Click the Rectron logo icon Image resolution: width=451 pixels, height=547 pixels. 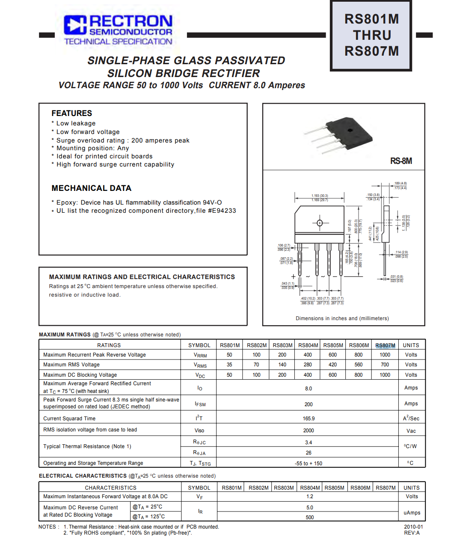pyautogui.click(x=75, y=25)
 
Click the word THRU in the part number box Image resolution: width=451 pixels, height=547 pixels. pyautogui.click(x=372, y=35)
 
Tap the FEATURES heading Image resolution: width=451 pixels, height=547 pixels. pyautogui.click(x=71, y=113)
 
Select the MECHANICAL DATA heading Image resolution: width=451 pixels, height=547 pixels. pyautogui.click(x=91, y=188)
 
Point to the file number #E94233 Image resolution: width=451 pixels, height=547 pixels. pyautogui.click(x=222, y=211)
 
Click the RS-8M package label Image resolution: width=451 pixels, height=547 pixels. pyautogui.click(x=401, y=161)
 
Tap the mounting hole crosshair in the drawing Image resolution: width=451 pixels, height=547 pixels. pyautogui.click(x=320, y=223)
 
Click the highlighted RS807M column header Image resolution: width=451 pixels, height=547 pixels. pyautogui.click(x=385, y=345)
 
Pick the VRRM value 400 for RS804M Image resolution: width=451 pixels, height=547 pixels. pyautogui.click(x=308, y=355)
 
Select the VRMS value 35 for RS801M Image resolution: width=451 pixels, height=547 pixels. pyautogui.click(x=229, y=365)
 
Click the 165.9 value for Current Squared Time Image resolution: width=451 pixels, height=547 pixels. pyautogui.click(x=308, y=419)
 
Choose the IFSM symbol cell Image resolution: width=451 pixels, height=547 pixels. pyautogui.click(x=200, y=404)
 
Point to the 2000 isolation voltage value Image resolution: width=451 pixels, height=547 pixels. pyautogui.click(x=308, y=431)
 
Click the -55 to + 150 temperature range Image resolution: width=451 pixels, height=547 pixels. pyautogui.click(x=308, y=463)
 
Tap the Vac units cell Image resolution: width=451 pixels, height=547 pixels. pyautogui.click(x=411, y=431)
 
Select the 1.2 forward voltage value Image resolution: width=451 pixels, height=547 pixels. pyautogui.click(x=309, y=496)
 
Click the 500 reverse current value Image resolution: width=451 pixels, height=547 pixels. pyautogui.click(x=309, y=517)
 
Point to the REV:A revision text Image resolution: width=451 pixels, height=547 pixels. pyautogui.click(x=412, y=533)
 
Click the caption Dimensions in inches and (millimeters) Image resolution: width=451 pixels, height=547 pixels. pyautogui.click(x=342, y=318)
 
